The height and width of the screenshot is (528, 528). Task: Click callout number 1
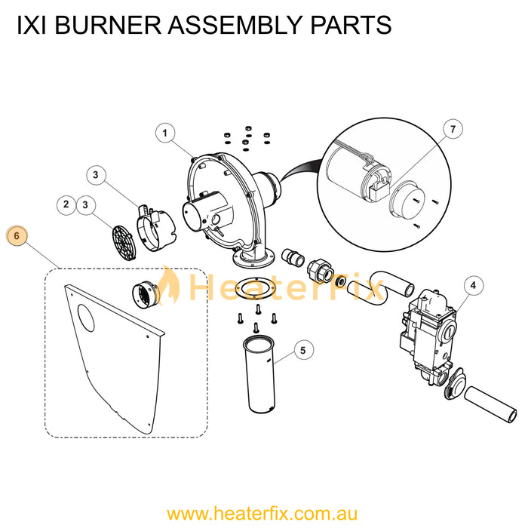[165, 133]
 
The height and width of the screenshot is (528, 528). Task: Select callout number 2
[66, 204]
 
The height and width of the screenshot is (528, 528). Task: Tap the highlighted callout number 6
[17, 235]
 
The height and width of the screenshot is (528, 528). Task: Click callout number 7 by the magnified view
[453, 129]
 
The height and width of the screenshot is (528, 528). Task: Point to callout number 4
[474, 286]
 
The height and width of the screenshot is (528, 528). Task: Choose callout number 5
[303, 350]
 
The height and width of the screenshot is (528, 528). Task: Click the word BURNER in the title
[108, 25]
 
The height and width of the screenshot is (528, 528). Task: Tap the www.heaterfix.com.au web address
[262, 514]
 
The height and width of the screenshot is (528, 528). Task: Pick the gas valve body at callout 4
[428, 336]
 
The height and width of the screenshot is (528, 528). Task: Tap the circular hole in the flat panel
[86, 318]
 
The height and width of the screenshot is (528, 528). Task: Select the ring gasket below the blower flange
[255, 288]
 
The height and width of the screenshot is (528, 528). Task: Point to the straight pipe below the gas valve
[490, 405]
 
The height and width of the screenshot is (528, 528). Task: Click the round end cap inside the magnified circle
[407, 200]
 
